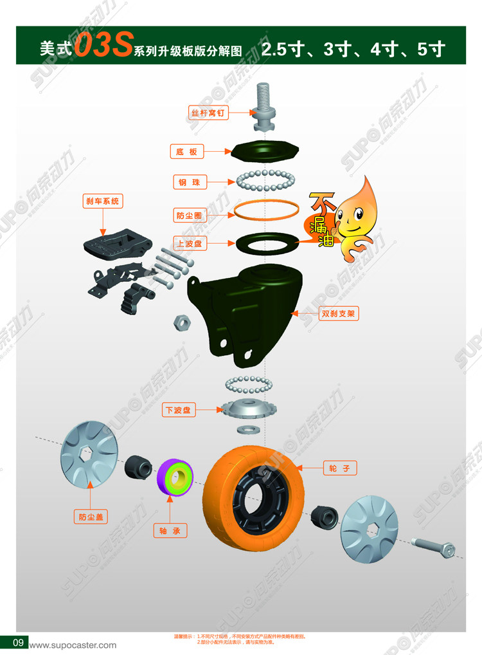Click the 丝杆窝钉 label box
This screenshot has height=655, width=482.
coord(208,113)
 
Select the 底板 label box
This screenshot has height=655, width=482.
coord(187,152)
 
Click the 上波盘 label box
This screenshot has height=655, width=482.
coord(190,243)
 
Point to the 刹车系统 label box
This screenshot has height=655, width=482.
coord(103,201)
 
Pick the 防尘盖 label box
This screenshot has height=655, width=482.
coord(90,516)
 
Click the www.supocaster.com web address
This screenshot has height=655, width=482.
coord(74,645)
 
